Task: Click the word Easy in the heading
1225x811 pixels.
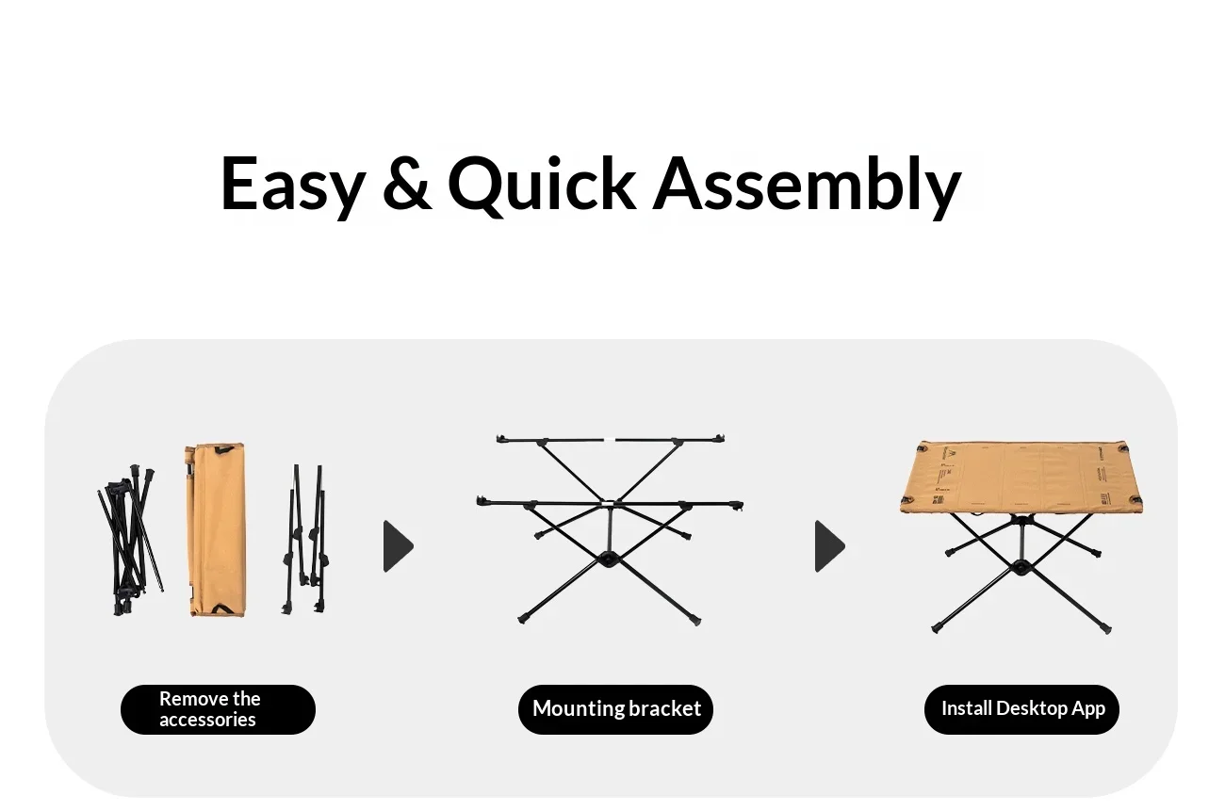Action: click(293, 184)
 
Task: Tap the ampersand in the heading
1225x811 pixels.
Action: click(407, 183)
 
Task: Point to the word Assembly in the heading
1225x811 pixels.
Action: click(807, 186)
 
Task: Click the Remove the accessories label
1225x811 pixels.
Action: click(218, 709)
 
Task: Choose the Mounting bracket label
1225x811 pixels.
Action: click(615, 709)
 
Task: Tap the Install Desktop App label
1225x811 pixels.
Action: click(1021, 709)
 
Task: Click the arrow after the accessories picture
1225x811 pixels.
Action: click(398, 546)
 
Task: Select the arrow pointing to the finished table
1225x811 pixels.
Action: click(829, 546)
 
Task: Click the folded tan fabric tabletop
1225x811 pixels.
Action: click(216, 529)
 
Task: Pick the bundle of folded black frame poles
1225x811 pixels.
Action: click(130, 540)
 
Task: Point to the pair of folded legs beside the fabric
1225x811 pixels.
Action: click(305, 540)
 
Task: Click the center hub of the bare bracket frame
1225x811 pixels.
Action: click(608, 560)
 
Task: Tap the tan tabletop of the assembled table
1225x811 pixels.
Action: click(1021, 478)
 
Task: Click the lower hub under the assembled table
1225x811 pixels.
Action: click(1021, 567)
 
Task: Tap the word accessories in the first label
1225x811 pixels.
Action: click(207, 720)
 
